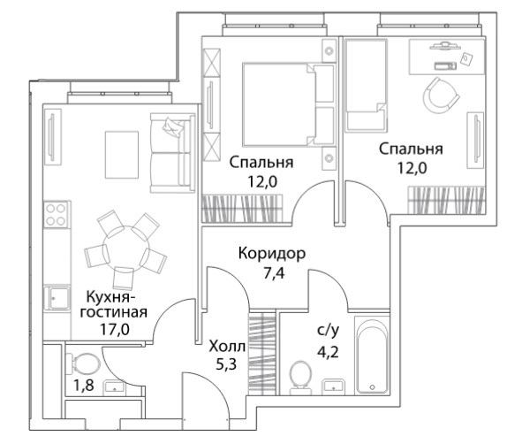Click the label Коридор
pos(272,254)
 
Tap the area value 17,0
pos(115,330)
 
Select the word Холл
pos(227,347)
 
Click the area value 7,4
pos(274,273)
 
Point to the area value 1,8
pos(84,386)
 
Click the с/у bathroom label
pos(328,331)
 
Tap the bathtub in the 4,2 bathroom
pos(372,355)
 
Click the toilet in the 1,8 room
pos(82,363)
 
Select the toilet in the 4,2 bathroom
pos(300,378)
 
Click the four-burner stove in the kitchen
pos(57,215)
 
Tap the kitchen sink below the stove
pos(57,298)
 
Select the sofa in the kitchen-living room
pos(172,153)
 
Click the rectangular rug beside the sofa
pos(122,155)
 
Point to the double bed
pos(288,104)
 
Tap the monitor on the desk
pos(444,45)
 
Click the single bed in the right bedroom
pos(366,86)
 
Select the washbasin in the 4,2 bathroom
pos(333,387)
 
